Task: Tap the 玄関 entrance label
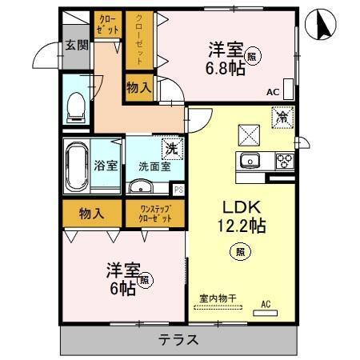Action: pos(77,46)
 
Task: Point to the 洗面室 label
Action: pos(154,167)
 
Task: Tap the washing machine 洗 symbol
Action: pos(170,147)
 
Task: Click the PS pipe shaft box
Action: pos(179,190)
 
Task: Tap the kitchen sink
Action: pos(250,159)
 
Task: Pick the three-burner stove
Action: pos(284,160)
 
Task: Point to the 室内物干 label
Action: pos(217,298)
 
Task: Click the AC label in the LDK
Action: pos(266,305)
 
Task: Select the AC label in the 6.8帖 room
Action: pos(272,92)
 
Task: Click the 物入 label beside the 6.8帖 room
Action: pos(139,86)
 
